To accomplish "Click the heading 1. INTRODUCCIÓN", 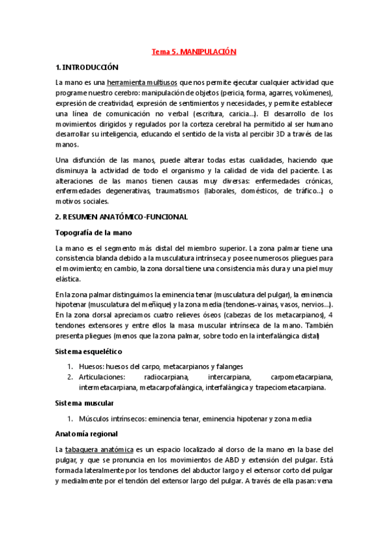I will coord(87,67).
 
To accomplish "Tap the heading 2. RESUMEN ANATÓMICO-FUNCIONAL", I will coord(122,217).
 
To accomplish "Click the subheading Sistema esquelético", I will coord(88,351).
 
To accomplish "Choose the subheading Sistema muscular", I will coord(84,402).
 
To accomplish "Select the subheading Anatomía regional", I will coord(86,433).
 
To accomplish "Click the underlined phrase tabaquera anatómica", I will coord(99,449).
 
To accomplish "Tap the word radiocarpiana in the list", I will coord(166,377).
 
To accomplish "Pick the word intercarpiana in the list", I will coord(231,377).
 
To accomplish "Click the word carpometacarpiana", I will coord(302,377).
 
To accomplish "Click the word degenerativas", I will coord(120,191).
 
